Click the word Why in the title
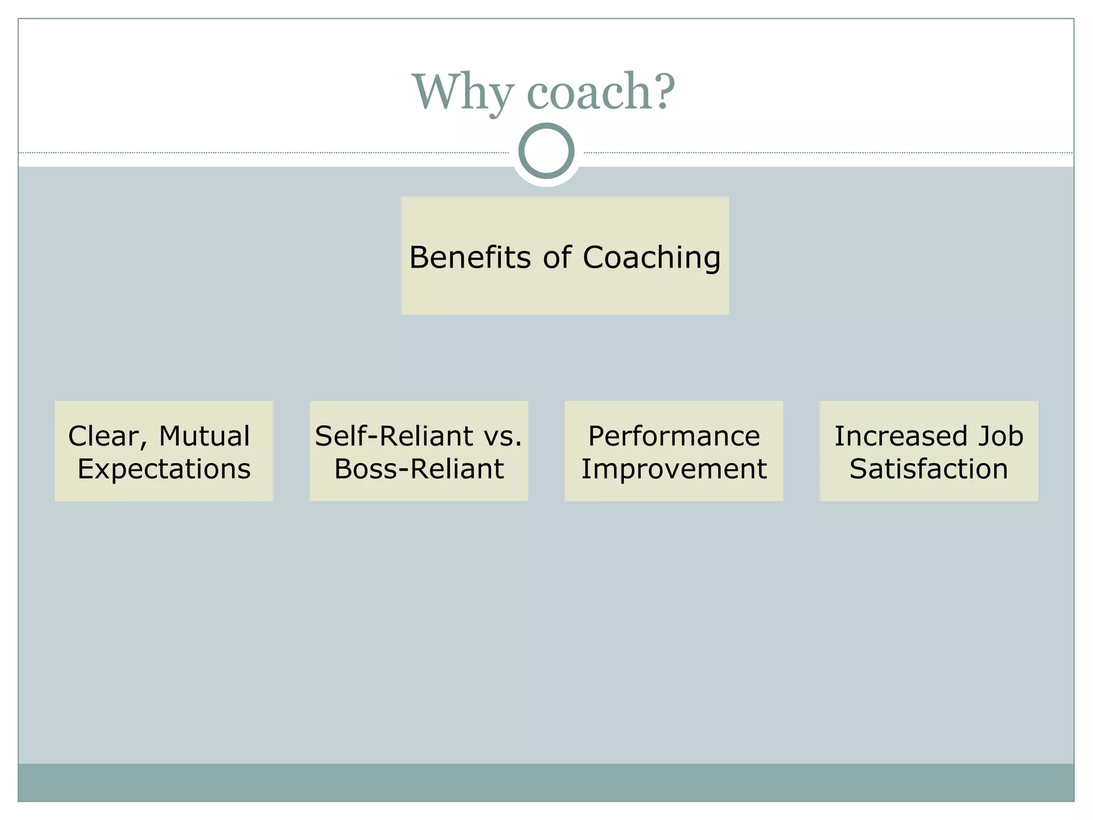463,92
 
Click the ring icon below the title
546,151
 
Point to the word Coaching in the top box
652,258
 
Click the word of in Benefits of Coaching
557,257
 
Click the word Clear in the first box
103,436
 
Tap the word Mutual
204,436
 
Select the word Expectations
164,469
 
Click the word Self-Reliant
394,436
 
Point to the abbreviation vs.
502,436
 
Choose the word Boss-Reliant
419,469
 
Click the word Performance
674,436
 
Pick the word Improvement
674,469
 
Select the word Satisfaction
929,469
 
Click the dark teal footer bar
546,782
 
